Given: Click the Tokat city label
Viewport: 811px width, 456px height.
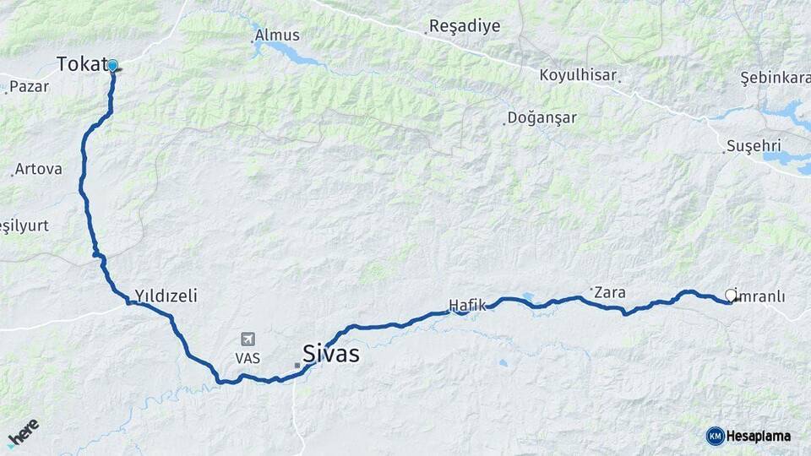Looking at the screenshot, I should [x=82, y=64].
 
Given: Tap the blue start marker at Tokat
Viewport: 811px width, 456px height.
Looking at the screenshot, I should [x=112, y=65].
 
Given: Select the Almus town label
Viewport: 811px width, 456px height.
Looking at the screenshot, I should [x=277, y=35].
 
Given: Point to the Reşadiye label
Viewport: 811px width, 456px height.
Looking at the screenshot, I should [x=465, y=26].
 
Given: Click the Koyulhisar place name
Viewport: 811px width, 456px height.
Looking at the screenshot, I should [x=578, y=75].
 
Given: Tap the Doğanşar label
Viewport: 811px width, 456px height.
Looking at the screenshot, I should [x=542, y=118].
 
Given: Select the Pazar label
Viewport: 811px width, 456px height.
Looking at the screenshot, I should [x=30, y=86].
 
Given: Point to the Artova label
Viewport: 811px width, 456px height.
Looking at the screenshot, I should [x=39, y=169].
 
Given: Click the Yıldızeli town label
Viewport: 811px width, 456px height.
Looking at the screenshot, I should [x=166, y=296].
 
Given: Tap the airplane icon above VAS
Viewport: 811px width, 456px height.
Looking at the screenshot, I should [x=248, y=339].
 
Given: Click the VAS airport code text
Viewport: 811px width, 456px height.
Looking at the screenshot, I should [x=248, y=358].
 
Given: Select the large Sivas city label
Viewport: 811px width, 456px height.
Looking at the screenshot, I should [x=331, y=354].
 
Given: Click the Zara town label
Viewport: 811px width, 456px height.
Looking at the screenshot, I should [x=609, y=293].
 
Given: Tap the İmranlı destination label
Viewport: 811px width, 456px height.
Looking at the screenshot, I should [x=761, y=296].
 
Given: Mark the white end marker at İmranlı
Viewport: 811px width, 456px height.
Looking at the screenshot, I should [x=731, y=296].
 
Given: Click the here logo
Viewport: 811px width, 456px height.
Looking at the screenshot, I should [x=24, y=432].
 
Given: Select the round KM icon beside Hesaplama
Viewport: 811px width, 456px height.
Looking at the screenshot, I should [x=715, y=436].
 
